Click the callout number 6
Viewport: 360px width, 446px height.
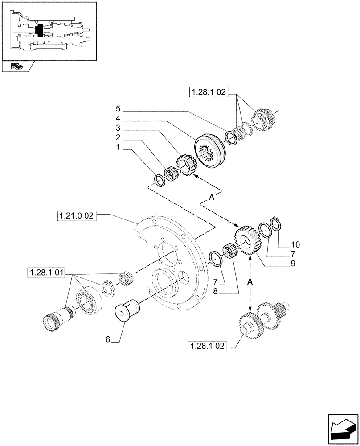[108, 339]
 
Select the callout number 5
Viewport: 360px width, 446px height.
[118, 108]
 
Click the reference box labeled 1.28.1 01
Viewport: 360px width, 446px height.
[46, 272]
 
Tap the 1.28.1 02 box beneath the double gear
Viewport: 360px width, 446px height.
[208, 346]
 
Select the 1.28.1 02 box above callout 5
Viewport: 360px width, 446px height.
[209, 92]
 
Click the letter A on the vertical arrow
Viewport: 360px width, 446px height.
[250, 282]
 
